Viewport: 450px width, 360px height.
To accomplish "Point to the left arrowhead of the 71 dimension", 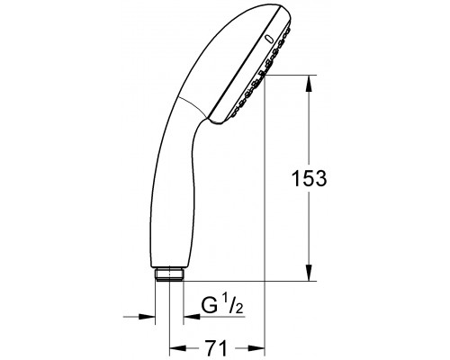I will pyautogui.click(x=175, y=346).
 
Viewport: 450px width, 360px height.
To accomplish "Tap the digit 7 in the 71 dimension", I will pyautogui.click(x=209, y=346).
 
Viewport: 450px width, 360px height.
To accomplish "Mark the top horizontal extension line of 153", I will pyautogui.click(x=288, y=77).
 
